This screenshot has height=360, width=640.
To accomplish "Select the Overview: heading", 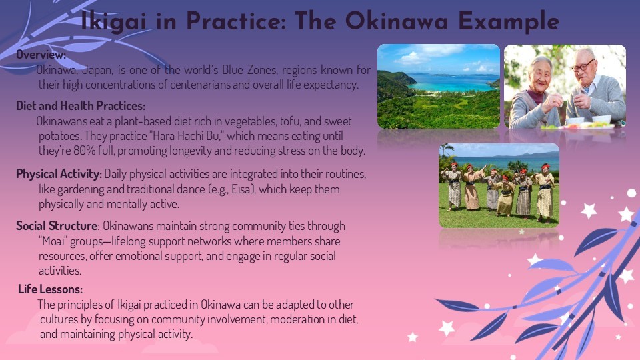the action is [41, 54].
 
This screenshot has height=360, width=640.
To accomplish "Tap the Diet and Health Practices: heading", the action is [81, 106].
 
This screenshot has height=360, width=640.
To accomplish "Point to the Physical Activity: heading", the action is [59, 174].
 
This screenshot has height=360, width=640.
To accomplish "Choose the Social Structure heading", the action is [57, 226].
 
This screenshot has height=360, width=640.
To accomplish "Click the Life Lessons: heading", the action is [50, 289].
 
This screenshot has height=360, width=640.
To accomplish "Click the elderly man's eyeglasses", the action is [583, 66].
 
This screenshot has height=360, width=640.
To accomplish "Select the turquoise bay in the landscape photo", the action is [453, 83].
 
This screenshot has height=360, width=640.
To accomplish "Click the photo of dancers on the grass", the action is [499, 185].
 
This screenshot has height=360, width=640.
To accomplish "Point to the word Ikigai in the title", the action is [113, 21].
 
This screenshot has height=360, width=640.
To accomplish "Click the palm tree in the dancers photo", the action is [446, 153].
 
